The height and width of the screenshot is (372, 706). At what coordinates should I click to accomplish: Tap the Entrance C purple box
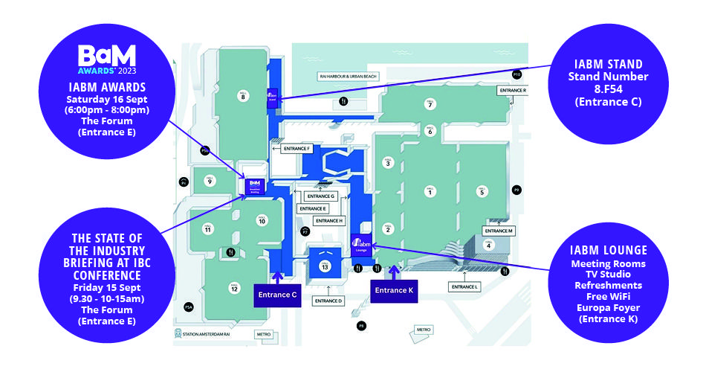(x=279, y=295)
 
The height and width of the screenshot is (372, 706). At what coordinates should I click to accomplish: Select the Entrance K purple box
(x=394, y=290)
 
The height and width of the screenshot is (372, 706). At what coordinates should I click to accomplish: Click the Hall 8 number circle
(x=242, y=94)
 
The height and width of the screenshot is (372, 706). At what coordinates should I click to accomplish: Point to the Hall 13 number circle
(x=325, y=266)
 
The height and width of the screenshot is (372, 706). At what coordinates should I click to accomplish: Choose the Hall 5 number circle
(x=482, y=193)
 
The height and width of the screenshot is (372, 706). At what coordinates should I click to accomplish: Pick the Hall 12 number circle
(x=235, y=289)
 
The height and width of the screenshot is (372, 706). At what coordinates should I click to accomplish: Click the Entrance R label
(x=513, y=90)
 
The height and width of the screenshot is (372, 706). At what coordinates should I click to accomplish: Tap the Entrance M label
(x=501, y=231)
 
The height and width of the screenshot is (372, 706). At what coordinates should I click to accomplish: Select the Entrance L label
(x=466, y=286)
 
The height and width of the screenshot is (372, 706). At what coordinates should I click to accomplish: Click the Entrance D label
(x=328, y=301)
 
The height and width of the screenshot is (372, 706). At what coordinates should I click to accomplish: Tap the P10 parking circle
(x=516, y=74)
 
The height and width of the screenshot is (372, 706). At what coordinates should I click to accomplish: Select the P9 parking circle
(x=516, y=190)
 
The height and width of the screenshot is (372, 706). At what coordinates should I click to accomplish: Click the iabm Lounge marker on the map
(x=361, y=244)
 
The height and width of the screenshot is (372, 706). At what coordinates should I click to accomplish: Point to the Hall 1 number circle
(x=429, y=193)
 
